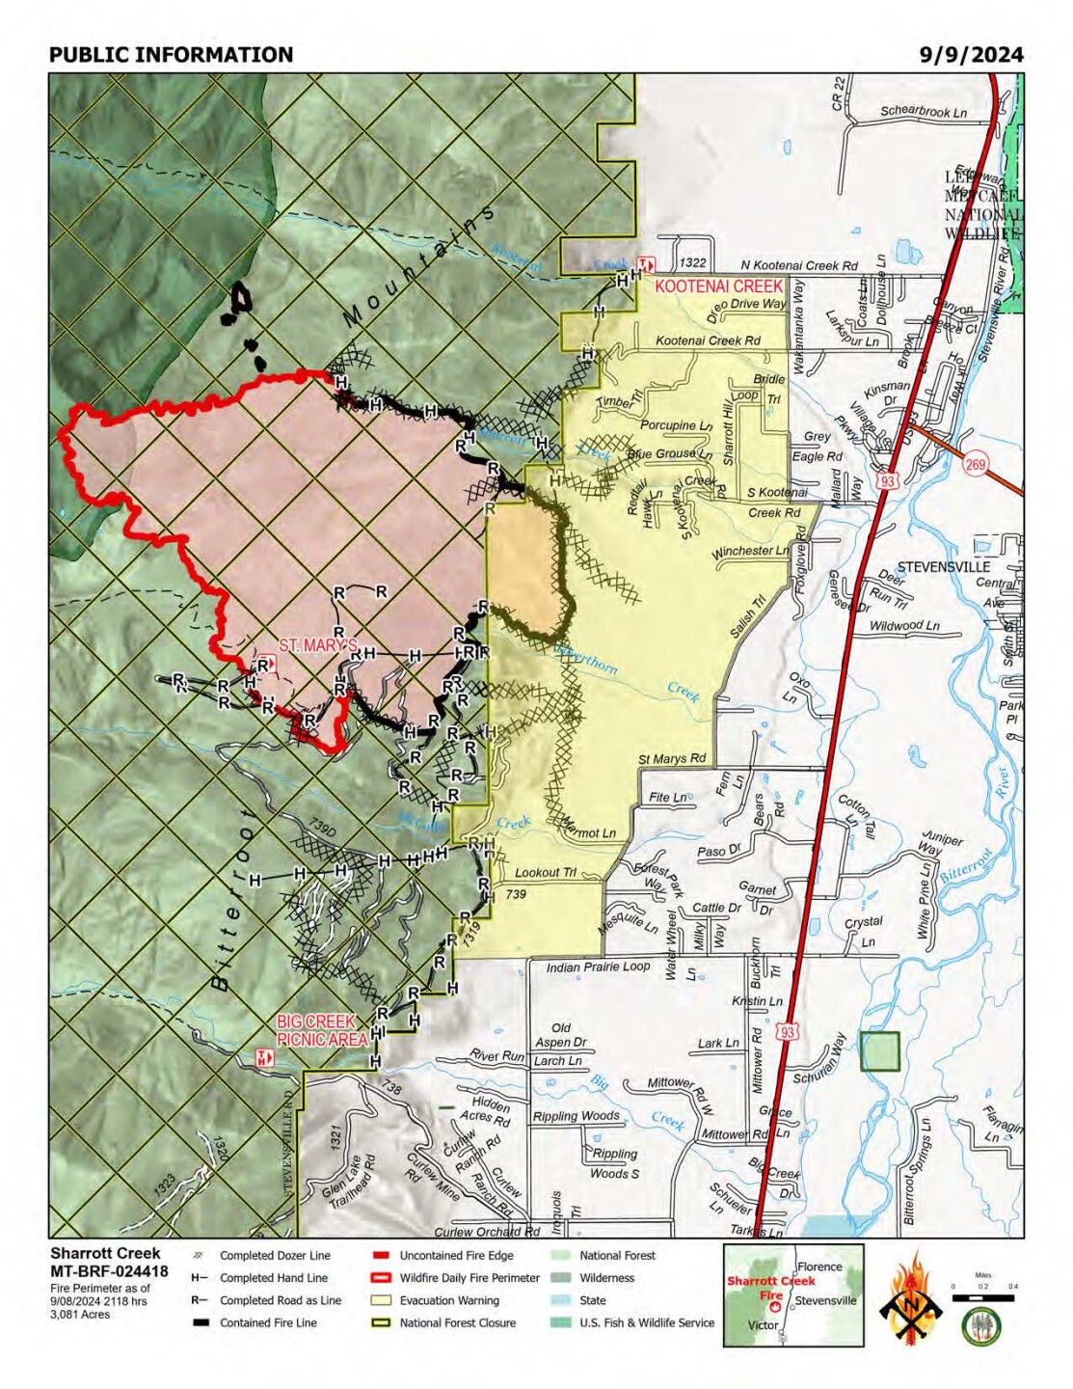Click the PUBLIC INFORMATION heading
click(x=171, y=55)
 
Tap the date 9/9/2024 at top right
click(x=971, y=55)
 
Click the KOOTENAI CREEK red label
click(x=718, y=286)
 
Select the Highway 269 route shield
click(x=975, y=465)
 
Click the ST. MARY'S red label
click(x=318, y=645)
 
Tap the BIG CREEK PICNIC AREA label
click(x=322, y=1030)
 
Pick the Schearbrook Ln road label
click(x=923, y=112)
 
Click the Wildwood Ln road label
click(x=904, y=626)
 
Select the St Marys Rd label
click(x=672, y=759)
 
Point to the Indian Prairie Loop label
click(x=598, y=967)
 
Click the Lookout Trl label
click(x=545, y=872)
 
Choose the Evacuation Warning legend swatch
click(x=382, y=1300)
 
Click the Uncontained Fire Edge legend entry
click(x=456, y=1256)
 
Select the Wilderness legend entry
click(x=606, y=1278)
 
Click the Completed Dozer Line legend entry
click(x=275, y=1256)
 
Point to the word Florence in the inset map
click(x=819, y=1266)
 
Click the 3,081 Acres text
click(x=80, y=1314)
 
